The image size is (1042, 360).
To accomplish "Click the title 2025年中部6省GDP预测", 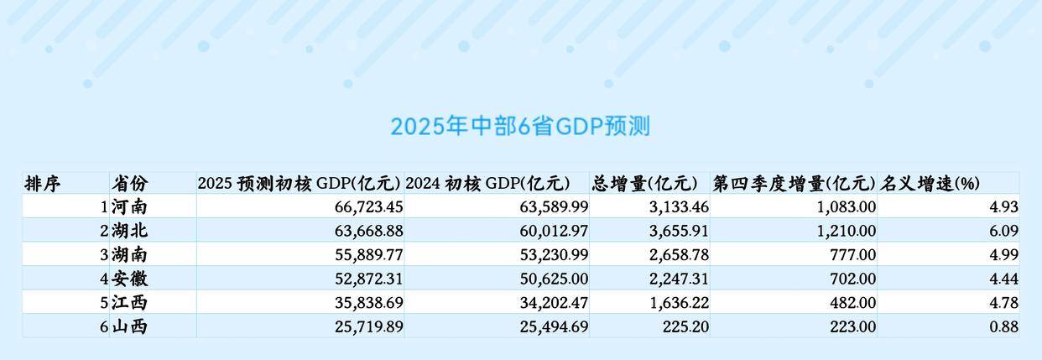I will pyautogui.click(x=520, y=127).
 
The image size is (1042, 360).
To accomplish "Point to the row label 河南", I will pyautogui.click(x=129, y=206).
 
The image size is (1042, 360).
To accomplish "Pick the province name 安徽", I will pyautogui.click(x=129, y=279).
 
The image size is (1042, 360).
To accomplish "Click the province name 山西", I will pyautogui.click(x=129, y=327).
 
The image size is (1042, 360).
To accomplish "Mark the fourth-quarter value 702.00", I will pyautogui.click(x=852, y=279).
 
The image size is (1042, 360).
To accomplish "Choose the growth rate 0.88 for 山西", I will pyautogui.click(x=1004, y=327).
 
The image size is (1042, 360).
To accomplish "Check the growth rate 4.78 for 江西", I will pyautogui.click(x=1004, y=303).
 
